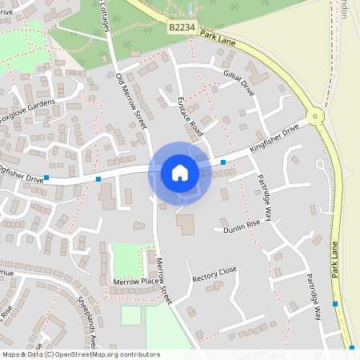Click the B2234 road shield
(180, 27)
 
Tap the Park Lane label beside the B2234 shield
(219, 38)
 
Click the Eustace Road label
(192, 117)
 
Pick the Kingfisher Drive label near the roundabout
(274, 137)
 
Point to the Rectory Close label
(215, 274)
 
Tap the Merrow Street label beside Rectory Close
(164, 281)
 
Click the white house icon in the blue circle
(180, 173)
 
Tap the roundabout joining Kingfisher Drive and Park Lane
(316, 116)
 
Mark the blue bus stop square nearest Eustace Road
(222, 162)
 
